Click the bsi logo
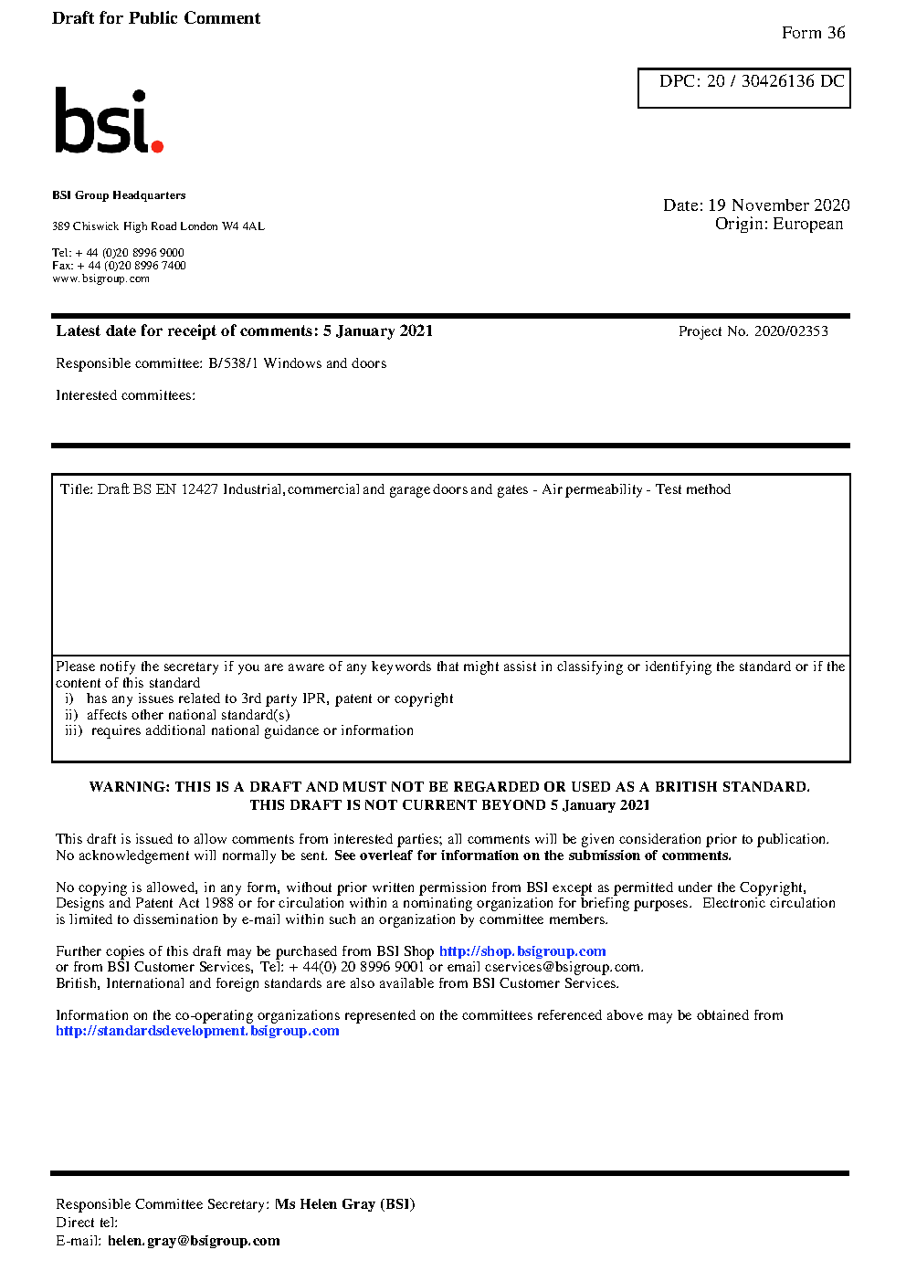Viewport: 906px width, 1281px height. pyautogui.click(x=108, y=121)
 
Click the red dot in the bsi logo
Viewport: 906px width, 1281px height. pyautogui.click(x=157, y=146)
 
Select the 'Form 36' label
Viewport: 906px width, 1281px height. pyautogui.click(x=813, y=33)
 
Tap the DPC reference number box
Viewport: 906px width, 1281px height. pyautogui.click(x=744, y=88)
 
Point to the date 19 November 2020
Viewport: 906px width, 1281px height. pyautogui.click(x=778, y=205)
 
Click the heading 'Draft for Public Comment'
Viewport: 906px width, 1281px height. pyautogui.click(x=156, y=18)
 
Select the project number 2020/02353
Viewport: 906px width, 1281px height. pyautogui.click(x=791, y=331)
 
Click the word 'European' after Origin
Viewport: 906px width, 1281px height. pyautogui.click(x=807, y=224)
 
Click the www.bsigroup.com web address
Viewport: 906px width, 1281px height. pyautogui.click(x=100, y=279)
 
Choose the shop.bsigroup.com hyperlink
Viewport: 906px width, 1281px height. pyautogui.click(x=522, y=951)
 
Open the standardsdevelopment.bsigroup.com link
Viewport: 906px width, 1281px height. pyautogui.click(x=197, y=1031)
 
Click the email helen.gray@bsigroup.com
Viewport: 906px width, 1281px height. pyautogui.click(x=194, y=1241)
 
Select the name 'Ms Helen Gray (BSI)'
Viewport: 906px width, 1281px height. pyautogui.click(x=345, y=1204)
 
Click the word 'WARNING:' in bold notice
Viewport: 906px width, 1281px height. pyautogui.click(x=129, y=787)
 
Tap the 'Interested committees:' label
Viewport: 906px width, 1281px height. pyautogui.click(x=125, y=395)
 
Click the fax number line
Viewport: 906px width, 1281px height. pyautogui.click(x=119, y=266)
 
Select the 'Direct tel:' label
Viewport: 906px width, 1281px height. pyautogui.click(x=87, y=1223)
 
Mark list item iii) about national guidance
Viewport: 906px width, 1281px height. pyautogui.click(x=239, y=730)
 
